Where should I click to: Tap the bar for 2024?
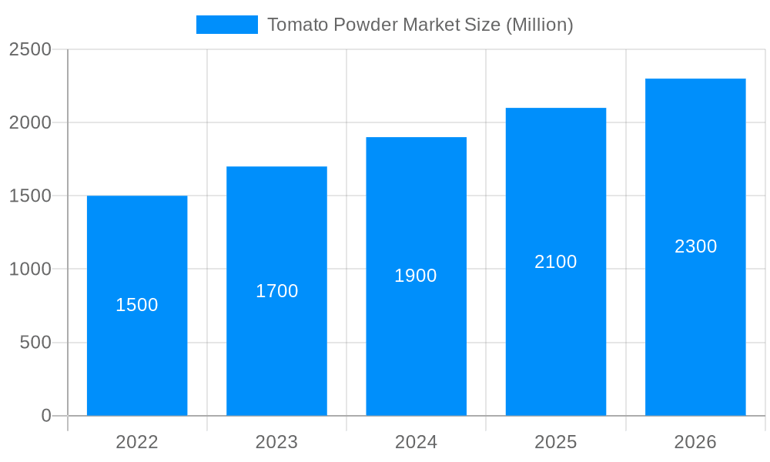(x=416, y=339)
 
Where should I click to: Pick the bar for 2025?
(x=556, y=331)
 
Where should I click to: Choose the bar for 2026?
(x=695, y=323)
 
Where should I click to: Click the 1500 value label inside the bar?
(x=137, y=305)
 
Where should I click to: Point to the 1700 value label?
(x=276, y=291)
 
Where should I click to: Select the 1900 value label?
(x=416, y=276)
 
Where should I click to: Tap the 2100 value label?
(x=556, y=262)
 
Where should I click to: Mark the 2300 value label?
(x=695, y=246)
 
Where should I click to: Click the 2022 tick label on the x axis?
(x=137, y=442)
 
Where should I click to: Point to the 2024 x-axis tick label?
(x=416, y=442)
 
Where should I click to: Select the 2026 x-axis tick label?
(x=695, y=442)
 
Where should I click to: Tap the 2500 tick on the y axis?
(x=30, y=49)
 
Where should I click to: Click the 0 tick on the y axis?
(x=46, y=416)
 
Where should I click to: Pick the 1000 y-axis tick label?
(x=30, y=269)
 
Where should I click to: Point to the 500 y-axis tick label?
(x=35, y=343)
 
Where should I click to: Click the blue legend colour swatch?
(x=227, y=25)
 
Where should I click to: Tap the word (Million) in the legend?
(x=539, y=25)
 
